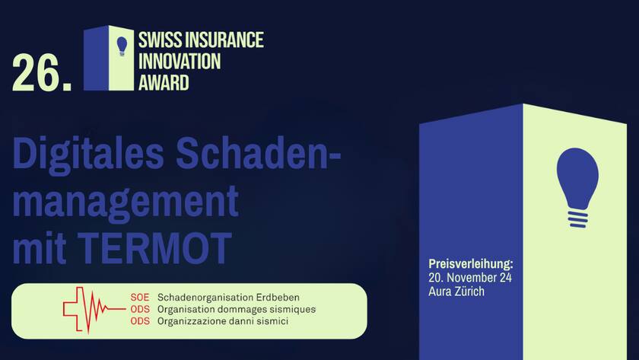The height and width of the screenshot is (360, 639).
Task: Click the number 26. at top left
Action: (x=42, y=75)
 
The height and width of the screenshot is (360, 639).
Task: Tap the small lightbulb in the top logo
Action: (x=122, y=46)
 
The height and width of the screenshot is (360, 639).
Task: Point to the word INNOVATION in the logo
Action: (x=180, y=61)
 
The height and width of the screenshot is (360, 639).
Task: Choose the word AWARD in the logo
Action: (x=164, y=82)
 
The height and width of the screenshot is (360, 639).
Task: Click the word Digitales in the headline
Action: (x=88, y=156)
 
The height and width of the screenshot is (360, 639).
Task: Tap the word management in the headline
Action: (x=126, y=202)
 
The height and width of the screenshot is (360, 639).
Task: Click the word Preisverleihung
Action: (x=471, y=264)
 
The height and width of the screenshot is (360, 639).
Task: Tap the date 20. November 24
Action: (x=471, y=278)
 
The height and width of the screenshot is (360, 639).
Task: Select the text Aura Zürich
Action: (x=456, y=292)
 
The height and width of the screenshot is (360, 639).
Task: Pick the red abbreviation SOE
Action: (x=141, y=297)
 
